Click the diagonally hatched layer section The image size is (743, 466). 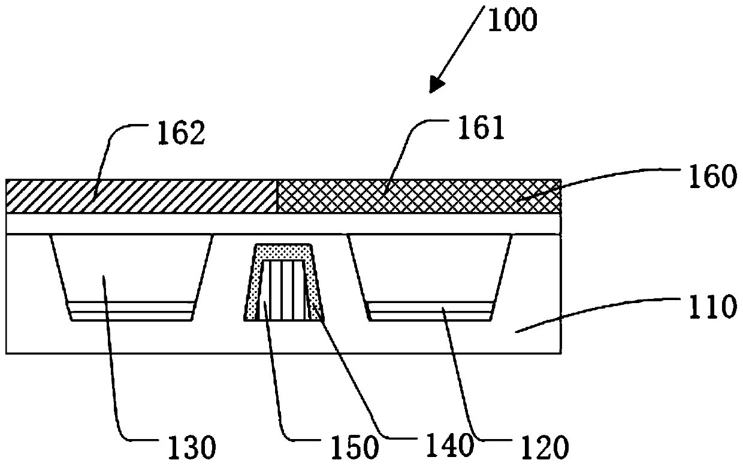[x=141, y=196]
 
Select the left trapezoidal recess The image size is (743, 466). [x=132, y=270]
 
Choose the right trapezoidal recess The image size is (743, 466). [x=430, y=270]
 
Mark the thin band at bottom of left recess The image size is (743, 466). [x=132, y=311]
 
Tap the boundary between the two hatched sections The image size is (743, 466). [x=276, y=196]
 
